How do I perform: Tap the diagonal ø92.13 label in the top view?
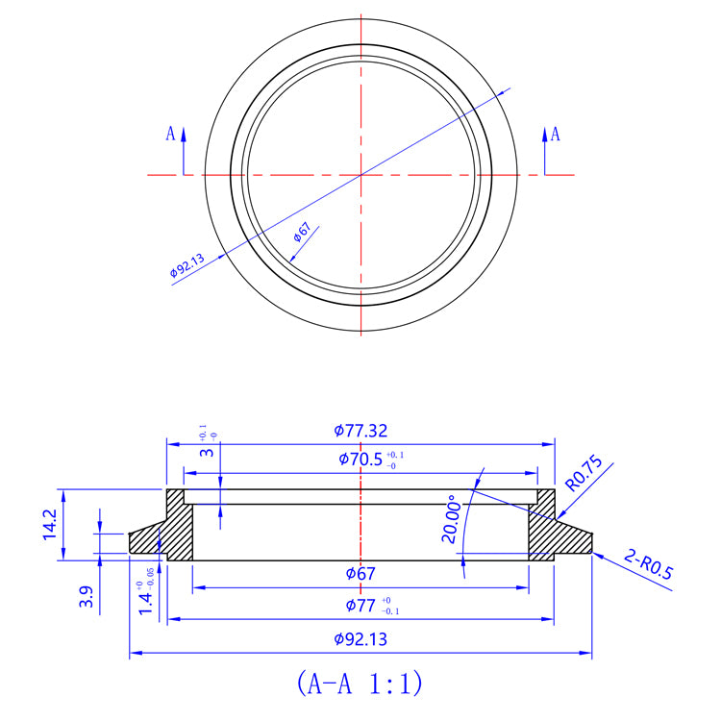(x=187, y=264)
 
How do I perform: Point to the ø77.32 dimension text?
(x=362, y=431)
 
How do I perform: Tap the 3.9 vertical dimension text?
(x=87, y=599)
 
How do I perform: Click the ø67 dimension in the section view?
(x=360, y=574)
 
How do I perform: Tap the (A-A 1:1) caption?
(x=360, y=684)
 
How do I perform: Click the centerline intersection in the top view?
(x=360, y=174)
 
